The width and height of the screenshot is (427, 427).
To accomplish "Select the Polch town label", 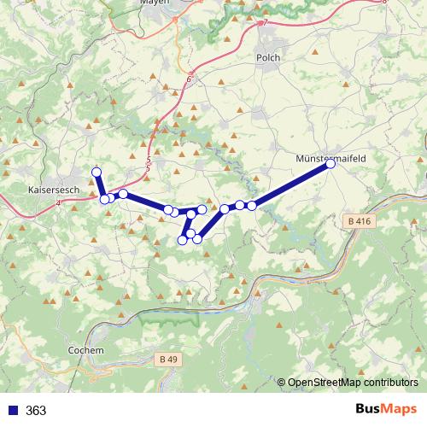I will [x=267, y=57].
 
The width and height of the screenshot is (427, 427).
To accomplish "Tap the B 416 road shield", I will [x=361, y=220].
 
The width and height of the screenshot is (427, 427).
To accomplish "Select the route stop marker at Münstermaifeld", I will [x=330, y=165].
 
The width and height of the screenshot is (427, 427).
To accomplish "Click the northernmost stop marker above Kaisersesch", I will [x=97, y=172].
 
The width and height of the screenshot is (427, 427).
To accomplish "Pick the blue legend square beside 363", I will [x=11, y=410].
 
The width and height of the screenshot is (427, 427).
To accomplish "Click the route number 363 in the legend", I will [x=36, y=410].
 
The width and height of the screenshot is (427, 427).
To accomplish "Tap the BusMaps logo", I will [x=385, y=409].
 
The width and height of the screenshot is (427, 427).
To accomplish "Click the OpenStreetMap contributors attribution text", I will [x=353, y=383].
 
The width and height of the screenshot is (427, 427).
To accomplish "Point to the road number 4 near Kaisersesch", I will [x=58, y=203].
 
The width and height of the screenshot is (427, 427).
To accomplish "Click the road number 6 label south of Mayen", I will [x=189, y=79].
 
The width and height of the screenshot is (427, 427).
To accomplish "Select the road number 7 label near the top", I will [x=266, y=22].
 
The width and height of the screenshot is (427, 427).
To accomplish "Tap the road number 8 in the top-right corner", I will [x=384, y=2].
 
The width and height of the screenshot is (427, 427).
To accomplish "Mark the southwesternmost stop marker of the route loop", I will [x=182, y=240].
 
